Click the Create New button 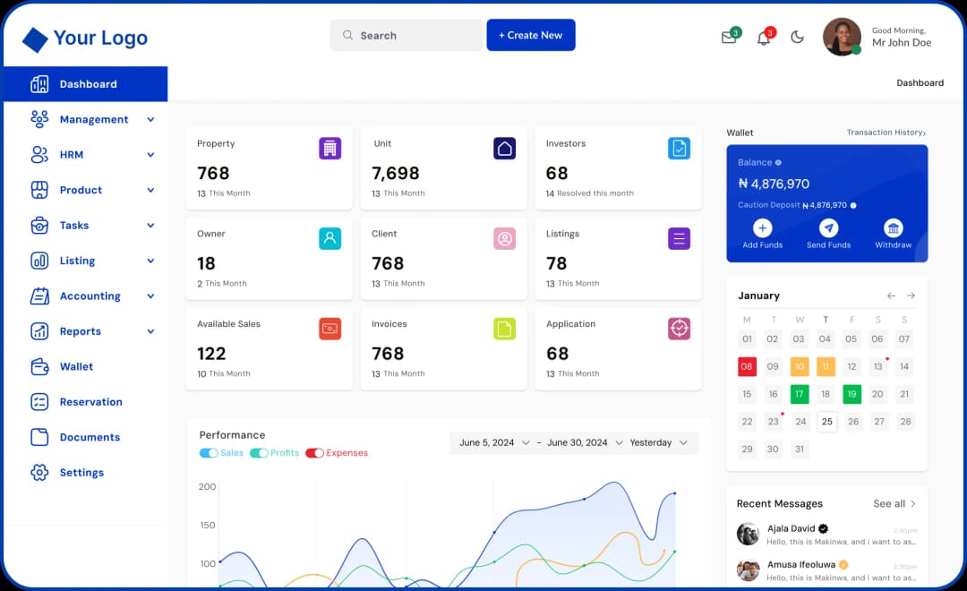click(x=531, y=35)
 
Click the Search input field click(x=406, y=36)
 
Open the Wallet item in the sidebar click(x=76, y=366)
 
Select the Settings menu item click(x=81, y=473)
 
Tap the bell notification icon click(x=764, y=39)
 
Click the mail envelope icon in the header click(x=729, y=38)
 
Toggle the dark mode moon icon click(x=798, y=38)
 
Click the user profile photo click(x=842, y=37)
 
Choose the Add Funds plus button click(x=762, y=228)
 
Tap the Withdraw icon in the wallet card click(x=893, y=228)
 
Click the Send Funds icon click(x=828, y=228)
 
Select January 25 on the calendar click(x=826, y=422)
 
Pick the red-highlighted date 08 click(x=747, y=366)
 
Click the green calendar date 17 click(x=799, y=394)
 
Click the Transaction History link click(x=886, y=133)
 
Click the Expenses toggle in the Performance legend click(x=315, y=453)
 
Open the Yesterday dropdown click(x=658, y=442)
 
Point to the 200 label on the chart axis click(x=207, y=487)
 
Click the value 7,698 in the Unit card click(x=396, y=173)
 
